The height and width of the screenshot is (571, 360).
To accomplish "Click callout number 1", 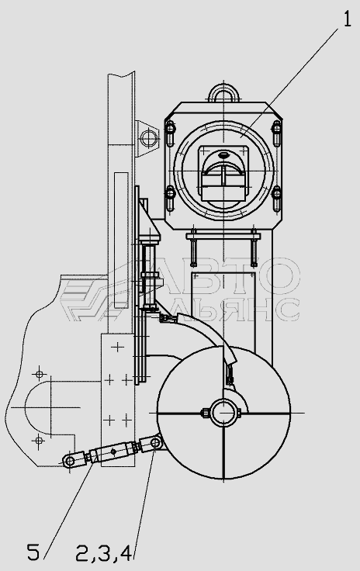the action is click(348, 19).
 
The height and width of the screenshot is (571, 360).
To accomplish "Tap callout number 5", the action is click(33, 552).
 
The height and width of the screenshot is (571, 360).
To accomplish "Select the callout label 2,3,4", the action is click(103, 553).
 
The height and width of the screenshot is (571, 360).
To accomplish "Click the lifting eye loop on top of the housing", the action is click(224, 92).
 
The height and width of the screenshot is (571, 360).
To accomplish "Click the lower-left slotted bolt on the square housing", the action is click(170, 198).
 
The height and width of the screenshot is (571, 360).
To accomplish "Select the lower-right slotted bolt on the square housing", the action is click(276, 198).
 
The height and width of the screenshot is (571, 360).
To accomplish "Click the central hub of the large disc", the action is click(223, 413).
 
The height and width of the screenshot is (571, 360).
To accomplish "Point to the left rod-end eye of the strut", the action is click(69, 461).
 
